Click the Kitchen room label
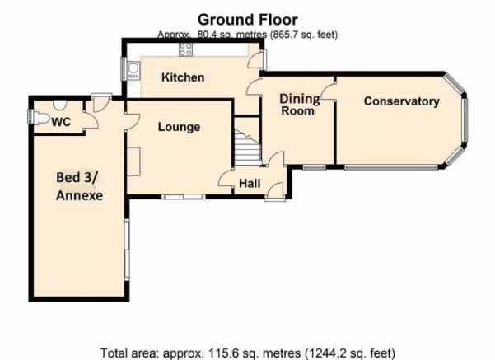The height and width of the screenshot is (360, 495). click(183, 77)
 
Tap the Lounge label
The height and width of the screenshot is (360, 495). click(179, 127)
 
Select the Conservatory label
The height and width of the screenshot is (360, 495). click(402, 101)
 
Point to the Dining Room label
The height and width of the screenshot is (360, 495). click(299, 105)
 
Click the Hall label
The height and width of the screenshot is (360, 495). click(250, 184)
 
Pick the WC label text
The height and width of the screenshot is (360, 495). click(61, 122)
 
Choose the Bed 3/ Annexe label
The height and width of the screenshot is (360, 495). click(80, 186)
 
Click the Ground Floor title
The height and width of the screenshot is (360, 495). click(247, 20)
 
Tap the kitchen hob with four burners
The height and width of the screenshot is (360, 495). click(185, 49)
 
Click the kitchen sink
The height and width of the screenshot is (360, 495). click(133, 71)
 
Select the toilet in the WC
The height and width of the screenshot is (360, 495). click(41, 119)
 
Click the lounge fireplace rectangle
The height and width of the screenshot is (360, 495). click(133, 161)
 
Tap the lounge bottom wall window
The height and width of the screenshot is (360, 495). click(184, 197)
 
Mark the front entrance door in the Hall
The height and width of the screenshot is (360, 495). click(275, 191)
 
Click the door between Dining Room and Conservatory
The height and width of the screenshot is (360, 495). click(329, 91)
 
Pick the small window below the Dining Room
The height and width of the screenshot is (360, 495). click(315, 166)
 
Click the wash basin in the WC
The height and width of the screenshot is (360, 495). click(59, 105)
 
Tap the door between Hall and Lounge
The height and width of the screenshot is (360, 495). click(226, 179)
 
